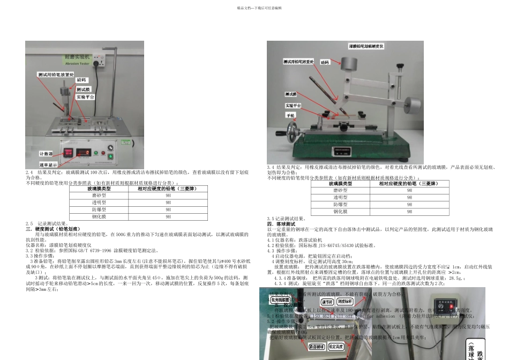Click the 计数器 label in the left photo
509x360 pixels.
[47, 153]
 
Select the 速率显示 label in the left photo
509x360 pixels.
[48, 165]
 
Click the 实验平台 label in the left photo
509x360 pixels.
[86, 97]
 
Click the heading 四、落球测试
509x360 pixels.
[282, 223]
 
